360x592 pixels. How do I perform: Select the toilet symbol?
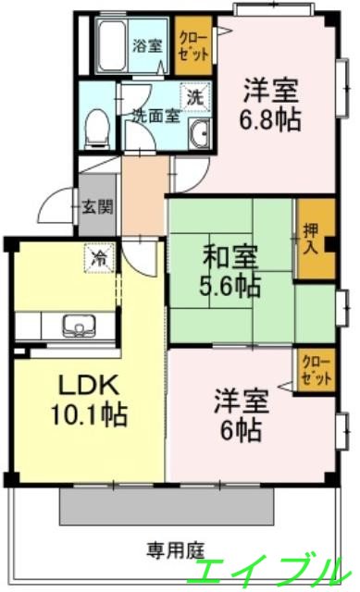pyautogui.click(x=93, y=129)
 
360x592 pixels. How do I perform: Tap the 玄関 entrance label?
pyautogui.click(x=95, y=206)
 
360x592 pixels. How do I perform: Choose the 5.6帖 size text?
pyautogui.click(x=231, y=286)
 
